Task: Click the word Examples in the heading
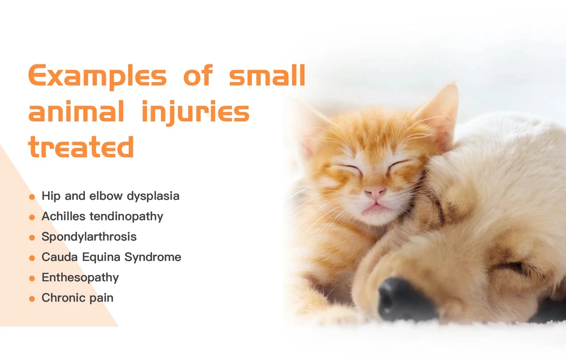pos(97,76)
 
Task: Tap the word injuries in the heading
pos(196,113)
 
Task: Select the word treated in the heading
pos(81,147)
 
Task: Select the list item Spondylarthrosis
pos(89,237)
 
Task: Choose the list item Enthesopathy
pos(80,277)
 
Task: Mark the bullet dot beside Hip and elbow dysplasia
pos(32,197)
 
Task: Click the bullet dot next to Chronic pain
pos(32,299)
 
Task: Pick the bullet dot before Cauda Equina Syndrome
pos(32,258)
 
